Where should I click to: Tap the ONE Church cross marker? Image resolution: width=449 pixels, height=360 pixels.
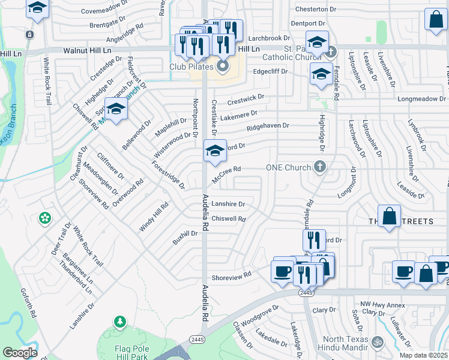tap(321, 167)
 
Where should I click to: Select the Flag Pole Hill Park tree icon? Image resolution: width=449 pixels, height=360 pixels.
tap(121, 322)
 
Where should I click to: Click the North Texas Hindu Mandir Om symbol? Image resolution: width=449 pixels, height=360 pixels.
tap(378, 343)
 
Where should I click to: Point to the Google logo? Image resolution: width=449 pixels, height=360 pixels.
tap(20, 353)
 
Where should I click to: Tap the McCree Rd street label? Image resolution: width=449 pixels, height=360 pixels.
tap(226, 173)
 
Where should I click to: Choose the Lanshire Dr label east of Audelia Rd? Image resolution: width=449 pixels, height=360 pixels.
tap(228, 204)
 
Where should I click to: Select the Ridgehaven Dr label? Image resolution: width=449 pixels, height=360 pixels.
tap(268, 127)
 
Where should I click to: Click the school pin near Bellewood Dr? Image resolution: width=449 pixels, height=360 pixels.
tap(116, 108)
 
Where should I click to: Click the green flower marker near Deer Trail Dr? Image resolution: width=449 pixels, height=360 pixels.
tap(45, 218)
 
